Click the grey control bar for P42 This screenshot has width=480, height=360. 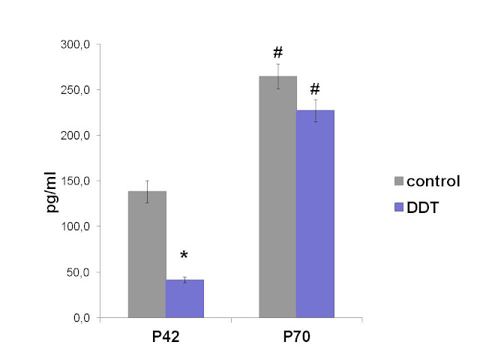(147, 254)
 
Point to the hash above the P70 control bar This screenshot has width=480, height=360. (277, 52)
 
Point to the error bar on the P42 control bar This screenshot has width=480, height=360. (147, 191)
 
